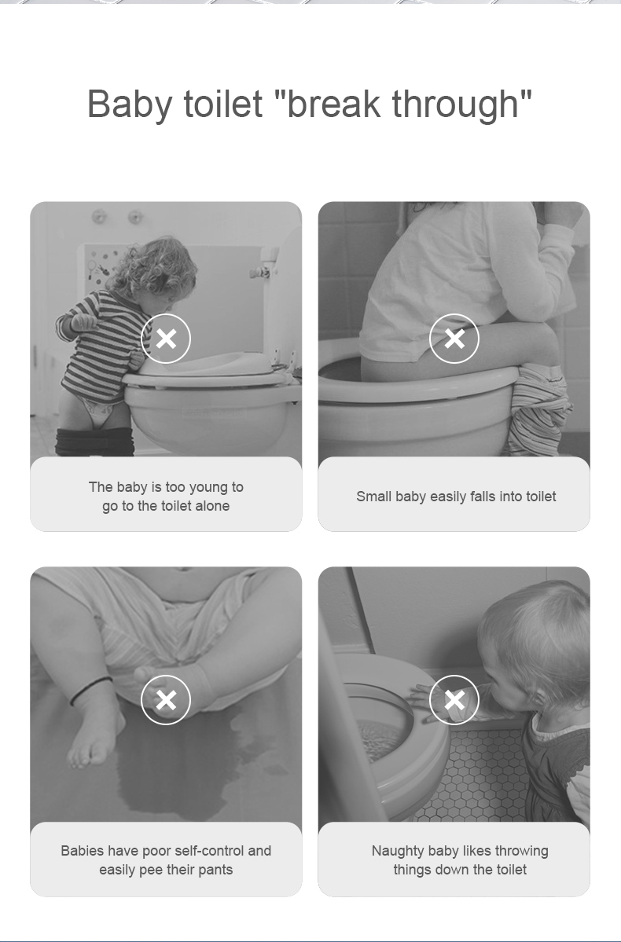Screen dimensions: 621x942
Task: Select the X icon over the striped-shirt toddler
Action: tap(166, 339)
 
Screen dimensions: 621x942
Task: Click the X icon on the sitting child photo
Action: tap(454, 339)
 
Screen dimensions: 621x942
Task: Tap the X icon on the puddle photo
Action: tap(166, 700)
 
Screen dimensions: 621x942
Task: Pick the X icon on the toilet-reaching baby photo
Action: tap(454, 700)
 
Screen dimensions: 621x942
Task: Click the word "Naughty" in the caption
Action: tap(395, 851)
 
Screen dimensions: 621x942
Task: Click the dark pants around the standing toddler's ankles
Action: tap(94, 442)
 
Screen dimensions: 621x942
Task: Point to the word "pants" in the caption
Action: tap(215, 870)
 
